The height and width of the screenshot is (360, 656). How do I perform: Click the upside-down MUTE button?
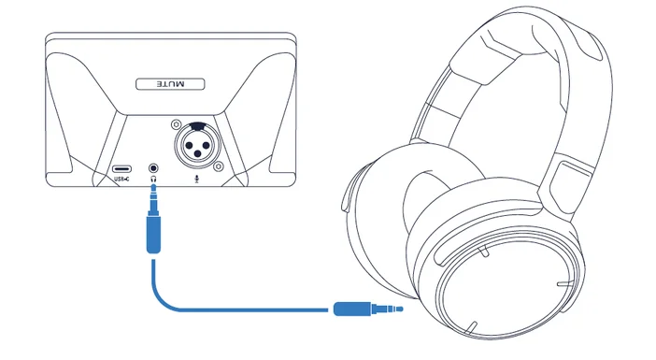tap(169, 84)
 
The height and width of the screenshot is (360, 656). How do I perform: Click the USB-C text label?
tap(121, 178)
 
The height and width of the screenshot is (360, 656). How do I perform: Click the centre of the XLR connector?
tap(195, 146)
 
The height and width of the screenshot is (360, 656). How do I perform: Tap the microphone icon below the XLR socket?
tap(196, 178)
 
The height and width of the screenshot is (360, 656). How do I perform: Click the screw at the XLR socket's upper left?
tap(175, 123)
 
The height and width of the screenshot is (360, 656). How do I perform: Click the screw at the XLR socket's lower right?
tap(217, 166)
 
